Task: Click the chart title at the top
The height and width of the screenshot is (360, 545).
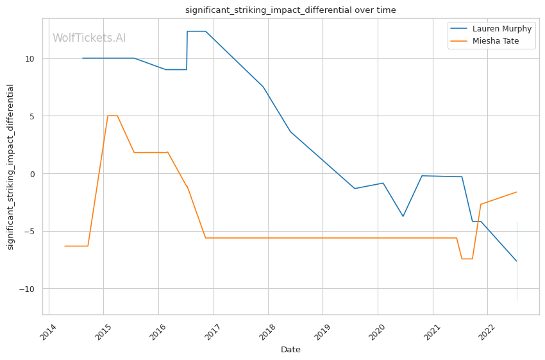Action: [x=290, y=10]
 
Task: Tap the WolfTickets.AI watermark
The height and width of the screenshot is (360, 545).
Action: [x=89, y=38]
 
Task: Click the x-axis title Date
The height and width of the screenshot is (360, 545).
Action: [x=290, y=350]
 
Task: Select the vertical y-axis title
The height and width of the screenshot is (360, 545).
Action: [x=11, y=167]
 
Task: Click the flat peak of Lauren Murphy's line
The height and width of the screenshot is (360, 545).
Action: [x=196, y=31]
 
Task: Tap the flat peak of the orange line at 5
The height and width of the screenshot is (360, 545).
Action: [x=112, y=116]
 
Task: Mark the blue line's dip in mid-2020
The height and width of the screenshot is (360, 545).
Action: [x=403, y=216]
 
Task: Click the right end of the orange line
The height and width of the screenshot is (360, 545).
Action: [x=517, y=192]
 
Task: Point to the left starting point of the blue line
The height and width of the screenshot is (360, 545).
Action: [x=82, y=58]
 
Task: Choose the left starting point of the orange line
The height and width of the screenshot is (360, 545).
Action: [x=65, y=246]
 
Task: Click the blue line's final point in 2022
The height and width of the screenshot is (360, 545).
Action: [x=517, y=261]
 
